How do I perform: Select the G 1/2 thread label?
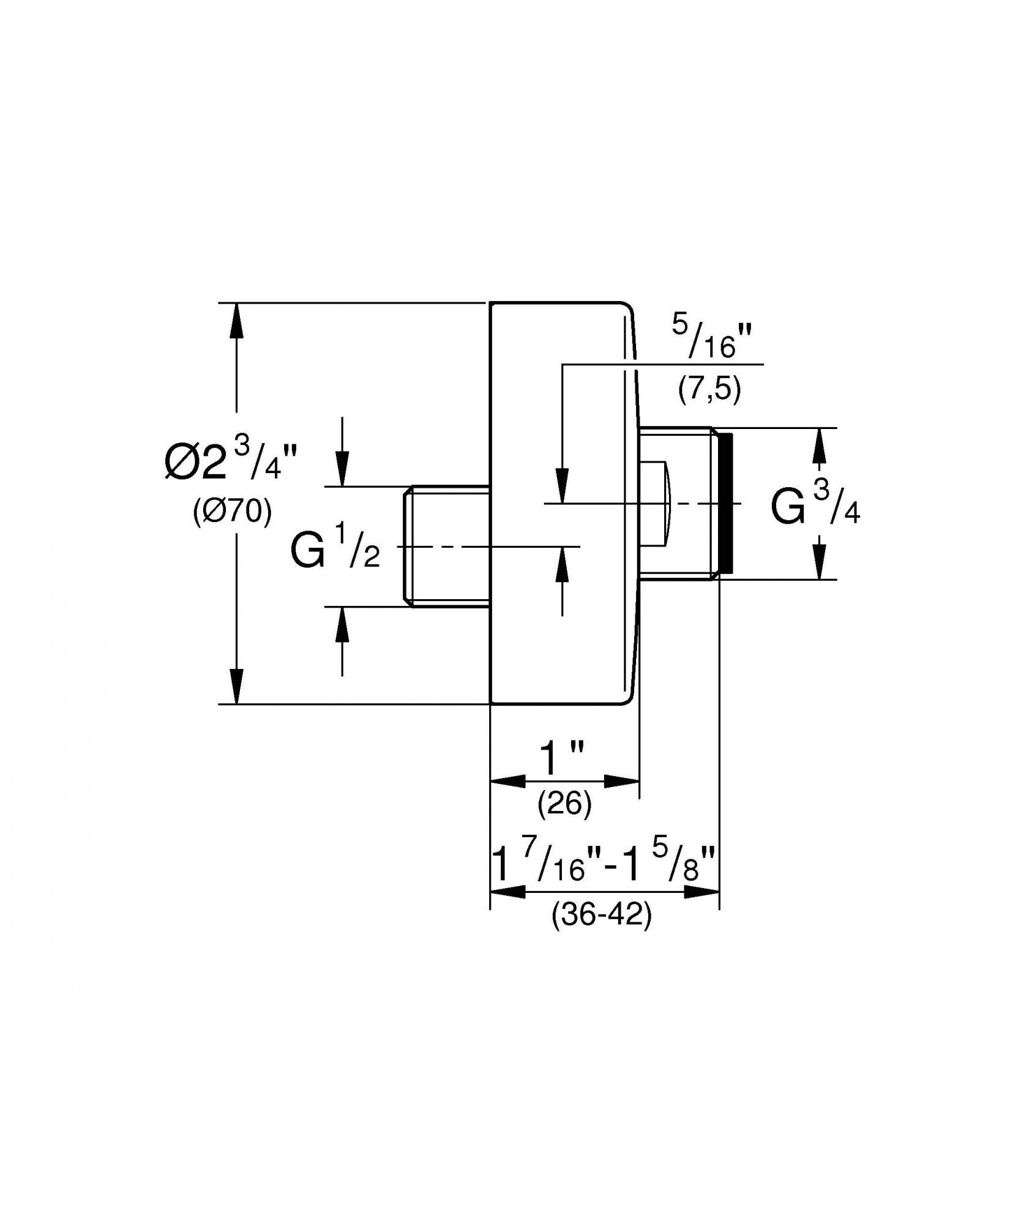pos(335,550)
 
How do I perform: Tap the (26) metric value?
pos(564,804)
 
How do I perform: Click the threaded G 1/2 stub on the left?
pos(447,547)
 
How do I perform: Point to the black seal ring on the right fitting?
pos(725,503)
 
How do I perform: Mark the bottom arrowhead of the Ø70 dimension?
pos(237,685)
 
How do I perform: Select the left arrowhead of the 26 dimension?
pos(508,781)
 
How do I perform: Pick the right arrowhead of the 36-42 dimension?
pos(701,892)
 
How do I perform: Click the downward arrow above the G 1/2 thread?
pos(342,469)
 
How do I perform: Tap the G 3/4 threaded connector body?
pos(676,503)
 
